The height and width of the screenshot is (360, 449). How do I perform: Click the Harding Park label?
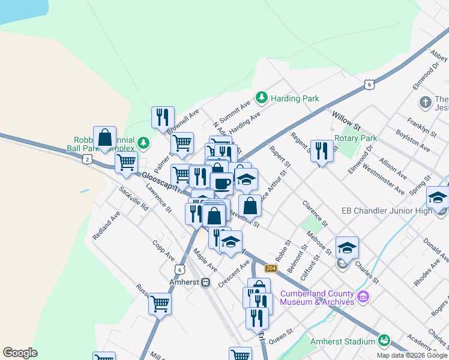coord(295,98)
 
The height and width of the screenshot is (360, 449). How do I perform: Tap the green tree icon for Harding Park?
coord(261,97)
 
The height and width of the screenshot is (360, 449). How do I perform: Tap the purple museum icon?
coord(363,296)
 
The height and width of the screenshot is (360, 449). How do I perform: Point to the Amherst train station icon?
coord(206,281)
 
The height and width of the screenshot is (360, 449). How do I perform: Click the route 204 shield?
coord(271,268)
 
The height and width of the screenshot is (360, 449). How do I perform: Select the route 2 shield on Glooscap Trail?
coord(88,159)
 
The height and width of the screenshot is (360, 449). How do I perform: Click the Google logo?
coord(20,353)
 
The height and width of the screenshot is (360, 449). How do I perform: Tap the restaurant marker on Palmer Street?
coord(162,118)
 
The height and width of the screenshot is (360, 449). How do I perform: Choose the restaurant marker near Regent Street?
coord(322,151)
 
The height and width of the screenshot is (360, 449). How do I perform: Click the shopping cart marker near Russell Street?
coord(160,304)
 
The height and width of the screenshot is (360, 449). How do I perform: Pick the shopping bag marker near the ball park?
coord(104,137)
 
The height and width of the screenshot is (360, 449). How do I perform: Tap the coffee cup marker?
coord(221,182)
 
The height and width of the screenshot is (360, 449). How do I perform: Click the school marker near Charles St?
coord(347,247)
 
